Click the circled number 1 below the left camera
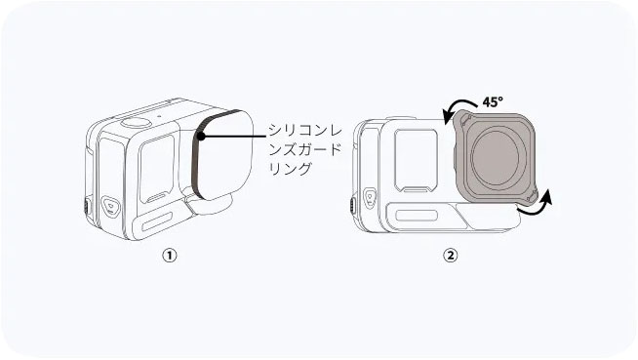point(170,256)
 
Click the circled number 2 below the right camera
point(450,256)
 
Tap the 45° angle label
point(493,102)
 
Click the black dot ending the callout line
point(201,137)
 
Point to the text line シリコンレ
point(304,131)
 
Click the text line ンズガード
point(304,149)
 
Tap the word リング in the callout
point(291,169)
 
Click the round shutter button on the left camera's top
point(136,123)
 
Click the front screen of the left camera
point(157,169)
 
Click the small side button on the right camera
point(370,198)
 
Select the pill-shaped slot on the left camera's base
point(157,222)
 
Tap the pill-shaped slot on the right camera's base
point(417,216)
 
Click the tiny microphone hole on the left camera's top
point(158,115)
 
